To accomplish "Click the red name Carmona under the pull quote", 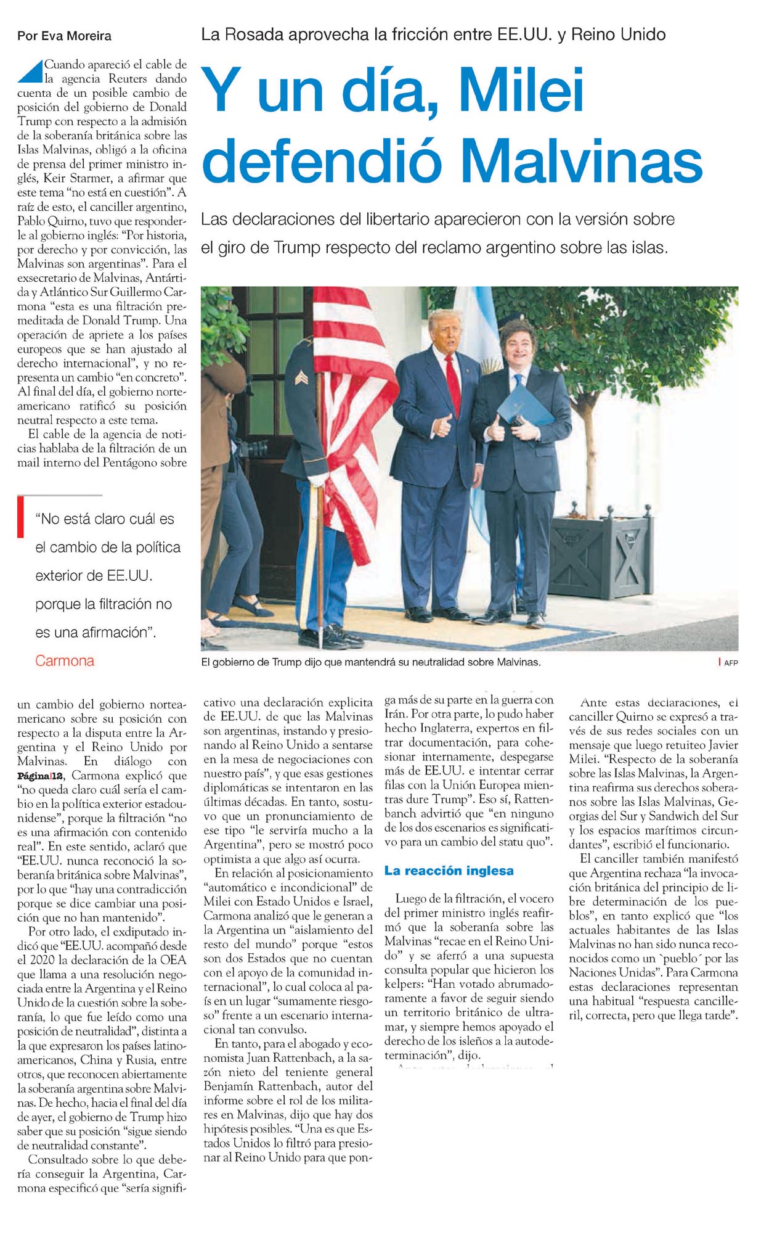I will tap(65, 661).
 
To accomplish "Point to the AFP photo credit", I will tap(731, 663).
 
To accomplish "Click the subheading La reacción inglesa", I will tap(449, 871).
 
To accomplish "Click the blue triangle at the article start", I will tap(30, 71).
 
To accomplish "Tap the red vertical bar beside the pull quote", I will tap(20, 517).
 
